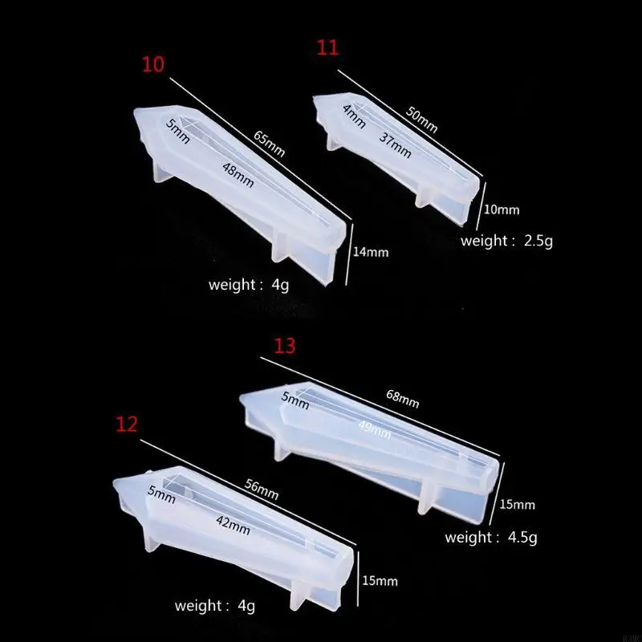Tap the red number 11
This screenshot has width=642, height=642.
327,48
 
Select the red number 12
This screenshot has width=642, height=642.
127,425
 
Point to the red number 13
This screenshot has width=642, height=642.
285,346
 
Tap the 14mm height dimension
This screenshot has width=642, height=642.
372,252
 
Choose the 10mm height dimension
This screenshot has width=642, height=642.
503,210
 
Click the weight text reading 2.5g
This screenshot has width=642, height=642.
506,240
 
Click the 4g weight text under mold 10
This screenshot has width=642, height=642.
248,284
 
